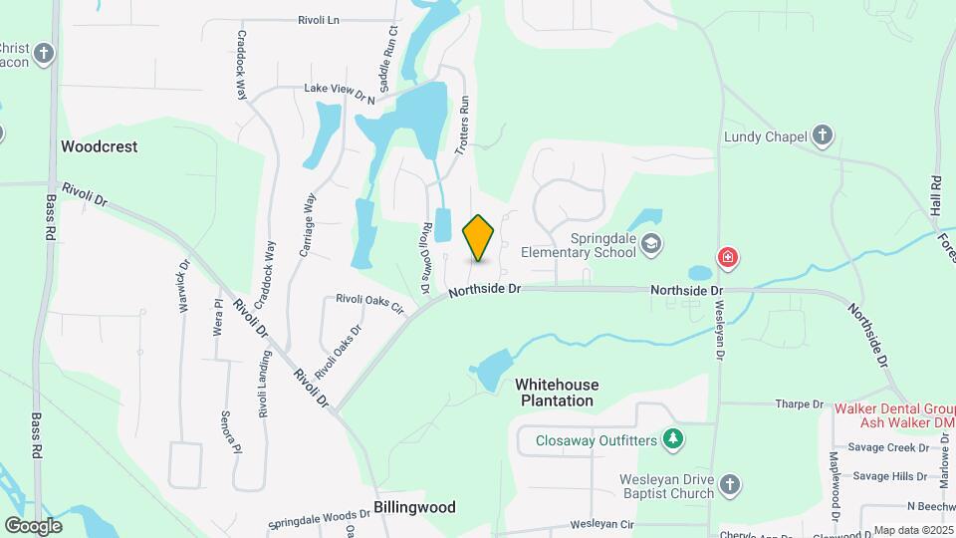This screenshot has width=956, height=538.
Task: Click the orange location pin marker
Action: pos(479,237)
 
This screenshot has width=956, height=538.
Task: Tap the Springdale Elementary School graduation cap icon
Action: pos(651,243)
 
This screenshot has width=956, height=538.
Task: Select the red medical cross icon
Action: pos(729,258)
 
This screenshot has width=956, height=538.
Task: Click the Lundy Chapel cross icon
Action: pos(822,134)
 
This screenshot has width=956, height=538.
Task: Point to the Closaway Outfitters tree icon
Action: pos(674,437)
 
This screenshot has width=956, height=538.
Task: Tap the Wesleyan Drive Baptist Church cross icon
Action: pos(730,485)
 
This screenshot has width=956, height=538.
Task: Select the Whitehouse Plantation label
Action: pos(557,393)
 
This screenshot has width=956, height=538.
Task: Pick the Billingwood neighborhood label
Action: pos(414,507)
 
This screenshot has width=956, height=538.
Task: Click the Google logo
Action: pos(33,525)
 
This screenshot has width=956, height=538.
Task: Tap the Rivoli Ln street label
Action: pos(319,19)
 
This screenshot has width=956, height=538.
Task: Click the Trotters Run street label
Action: pos(463,125)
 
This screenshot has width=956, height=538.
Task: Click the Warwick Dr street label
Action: pos(183,287)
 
